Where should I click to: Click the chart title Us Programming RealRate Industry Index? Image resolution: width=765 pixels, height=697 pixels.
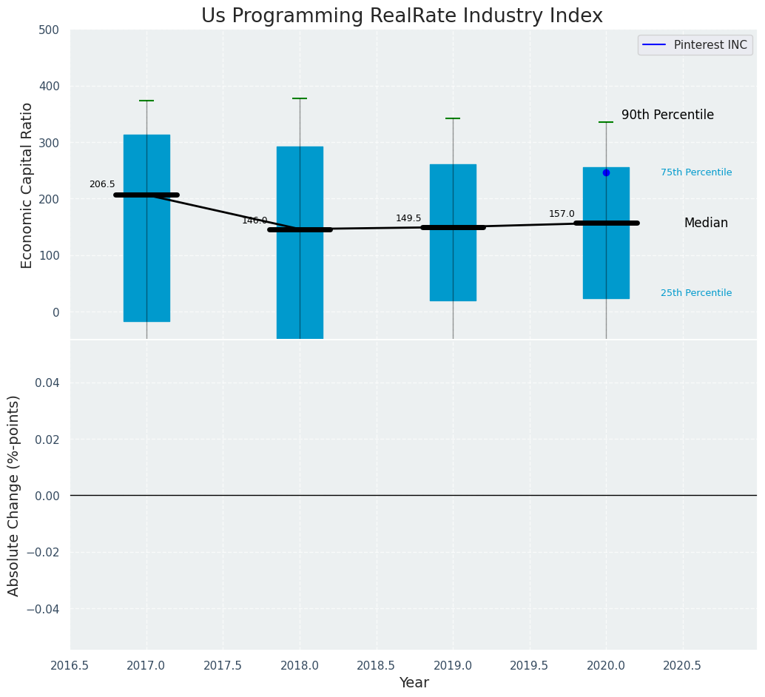pos(402,16)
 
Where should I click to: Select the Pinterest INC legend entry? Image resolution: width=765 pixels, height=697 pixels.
pos(695,45)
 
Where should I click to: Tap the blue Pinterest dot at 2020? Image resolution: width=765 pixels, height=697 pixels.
pos(606,172)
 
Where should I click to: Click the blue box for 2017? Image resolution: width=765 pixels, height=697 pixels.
pos(146,228)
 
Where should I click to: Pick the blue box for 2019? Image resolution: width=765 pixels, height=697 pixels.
pos(453,232)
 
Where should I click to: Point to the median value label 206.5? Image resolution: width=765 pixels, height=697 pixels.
pos(102,184)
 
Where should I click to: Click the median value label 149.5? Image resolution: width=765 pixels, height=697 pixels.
pos(408,218)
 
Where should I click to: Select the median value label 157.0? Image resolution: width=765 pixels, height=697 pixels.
pos(562,214)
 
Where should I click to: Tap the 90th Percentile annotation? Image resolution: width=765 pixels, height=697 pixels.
pos(667,115)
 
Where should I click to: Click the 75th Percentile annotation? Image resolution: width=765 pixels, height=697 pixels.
pos(696,172)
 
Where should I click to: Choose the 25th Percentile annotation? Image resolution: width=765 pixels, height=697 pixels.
pos(696,293)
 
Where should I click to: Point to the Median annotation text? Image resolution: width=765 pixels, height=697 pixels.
pos(706,223)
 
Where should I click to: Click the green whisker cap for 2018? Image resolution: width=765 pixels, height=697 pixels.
pos(300,98)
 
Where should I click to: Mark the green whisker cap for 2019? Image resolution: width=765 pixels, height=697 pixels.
pos(453,118)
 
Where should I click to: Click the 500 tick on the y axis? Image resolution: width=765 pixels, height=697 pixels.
pos(50,30)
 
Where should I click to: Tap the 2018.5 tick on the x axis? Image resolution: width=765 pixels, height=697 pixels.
pos(377,666)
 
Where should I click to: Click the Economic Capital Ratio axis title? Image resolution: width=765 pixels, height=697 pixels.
pos(27,185)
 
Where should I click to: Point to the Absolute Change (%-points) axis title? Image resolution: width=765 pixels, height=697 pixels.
pos(14,495)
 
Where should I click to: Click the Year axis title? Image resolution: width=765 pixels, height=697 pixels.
pos(414,683)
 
